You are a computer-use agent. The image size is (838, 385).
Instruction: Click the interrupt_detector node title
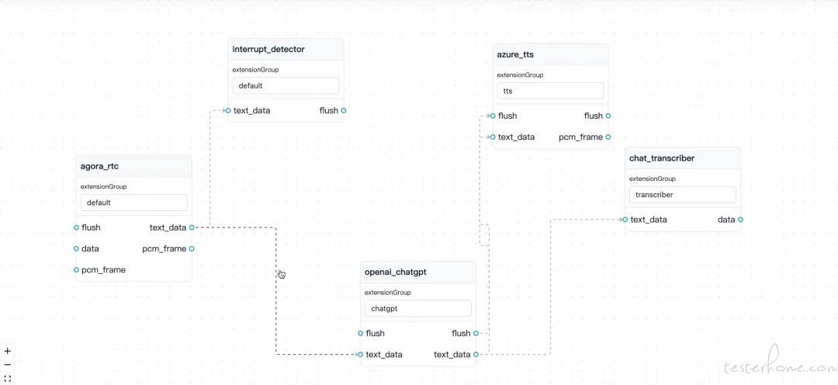(268, 49)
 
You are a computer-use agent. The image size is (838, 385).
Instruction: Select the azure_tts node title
(515, 54)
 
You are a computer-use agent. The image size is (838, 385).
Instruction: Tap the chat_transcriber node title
(662, 158)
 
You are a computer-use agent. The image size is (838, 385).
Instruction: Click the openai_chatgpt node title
(396, 272)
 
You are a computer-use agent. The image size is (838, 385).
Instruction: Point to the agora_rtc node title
(99, 166)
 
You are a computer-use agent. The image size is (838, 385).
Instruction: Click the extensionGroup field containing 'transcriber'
(683, 195)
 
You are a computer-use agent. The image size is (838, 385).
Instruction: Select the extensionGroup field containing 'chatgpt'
(418, 308)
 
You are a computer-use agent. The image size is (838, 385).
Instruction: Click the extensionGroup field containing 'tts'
(550, 91)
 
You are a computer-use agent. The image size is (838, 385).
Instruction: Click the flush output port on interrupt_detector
(344, 111)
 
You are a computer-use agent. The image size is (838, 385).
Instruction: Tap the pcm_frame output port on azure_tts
(608, 137)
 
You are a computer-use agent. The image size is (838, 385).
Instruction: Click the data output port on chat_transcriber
(740, 219)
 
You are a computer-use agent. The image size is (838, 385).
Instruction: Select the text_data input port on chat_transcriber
(625, 219)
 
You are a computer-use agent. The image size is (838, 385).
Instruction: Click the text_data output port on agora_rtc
(192, 227)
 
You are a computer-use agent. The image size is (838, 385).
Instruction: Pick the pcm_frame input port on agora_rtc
(76, 270)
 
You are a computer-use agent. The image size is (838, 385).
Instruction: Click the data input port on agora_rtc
(76, 248)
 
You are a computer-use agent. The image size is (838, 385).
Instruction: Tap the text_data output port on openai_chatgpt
(476, 355)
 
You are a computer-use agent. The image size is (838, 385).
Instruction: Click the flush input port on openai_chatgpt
(361, 333)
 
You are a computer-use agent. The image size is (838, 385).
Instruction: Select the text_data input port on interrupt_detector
(228, 111)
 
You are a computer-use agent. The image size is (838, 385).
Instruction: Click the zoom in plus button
(8, 352)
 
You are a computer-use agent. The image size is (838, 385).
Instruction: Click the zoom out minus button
(8, 365)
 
